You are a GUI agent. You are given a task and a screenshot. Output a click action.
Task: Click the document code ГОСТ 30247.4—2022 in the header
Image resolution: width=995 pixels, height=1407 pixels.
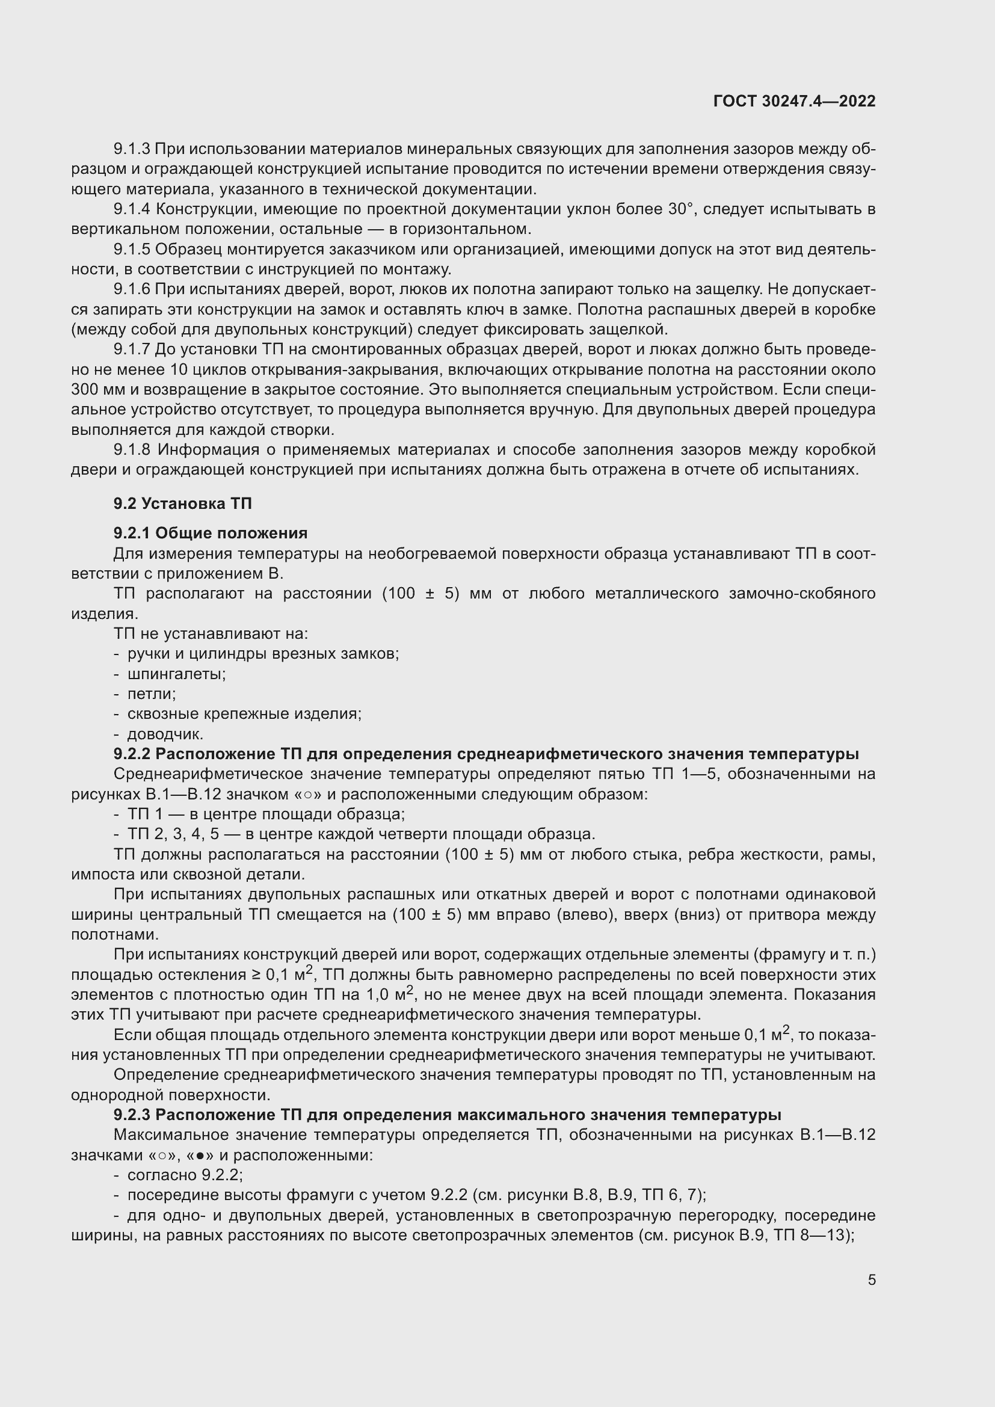(794, 101)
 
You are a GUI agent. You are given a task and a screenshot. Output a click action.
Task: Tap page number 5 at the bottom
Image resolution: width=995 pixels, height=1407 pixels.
(871, 1279)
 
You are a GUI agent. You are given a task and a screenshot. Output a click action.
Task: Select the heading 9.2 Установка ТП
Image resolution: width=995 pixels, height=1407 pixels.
(183, 503)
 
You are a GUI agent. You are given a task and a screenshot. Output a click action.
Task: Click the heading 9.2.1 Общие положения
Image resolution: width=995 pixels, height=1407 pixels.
(210, 532)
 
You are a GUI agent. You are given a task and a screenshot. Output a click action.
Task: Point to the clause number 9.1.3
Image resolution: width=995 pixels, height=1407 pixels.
(132, 149)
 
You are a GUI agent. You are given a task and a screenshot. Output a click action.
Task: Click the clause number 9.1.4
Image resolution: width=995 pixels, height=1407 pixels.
(132, 209)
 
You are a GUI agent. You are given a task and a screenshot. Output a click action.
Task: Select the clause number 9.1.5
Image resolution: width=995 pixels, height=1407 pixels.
(132, 250)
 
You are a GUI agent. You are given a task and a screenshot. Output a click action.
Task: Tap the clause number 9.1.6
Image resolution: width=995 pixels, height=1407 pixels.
(132, 289)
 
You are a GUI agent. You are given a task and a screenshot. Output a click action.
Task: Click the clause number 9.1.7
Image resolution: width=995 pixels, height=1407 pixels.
(132, 349)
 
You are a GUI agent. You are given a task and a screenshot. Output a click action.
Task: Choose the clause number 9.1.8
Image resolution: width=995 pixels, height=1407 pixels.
(132, 450)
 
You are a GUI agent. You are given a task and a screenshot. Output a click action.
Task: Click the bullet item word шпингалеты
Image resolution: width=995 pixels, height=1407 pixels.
(176, 674)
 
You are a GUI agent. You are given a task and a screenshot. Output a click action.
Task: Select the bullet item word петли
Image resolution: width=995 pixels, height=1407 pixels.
(152, 694)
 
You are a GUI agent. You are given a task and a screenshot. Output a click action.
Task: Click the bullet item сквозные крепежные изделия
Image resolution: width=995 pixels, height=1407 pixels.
(244, 713)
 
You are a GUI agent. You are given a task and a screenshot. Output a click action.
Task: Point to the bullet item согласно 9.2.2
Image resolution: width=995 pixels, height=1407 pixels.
(185, 1175)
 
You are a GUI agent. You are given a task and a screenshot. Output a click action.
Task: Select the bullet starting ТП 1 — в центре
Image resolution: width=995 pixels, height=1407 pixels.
(266, 814)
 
